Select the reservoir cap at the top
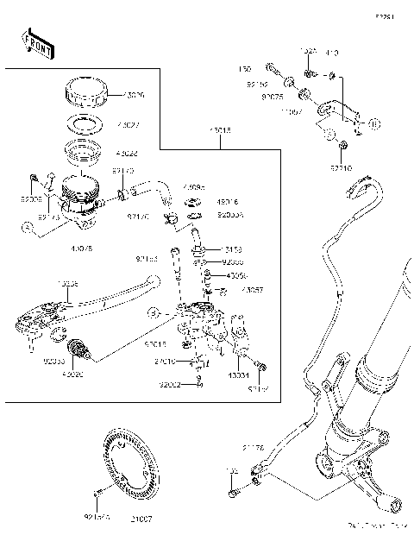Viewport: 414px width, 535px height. [85, 91]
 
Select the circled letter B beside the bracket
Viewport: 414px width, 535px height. [373, 123]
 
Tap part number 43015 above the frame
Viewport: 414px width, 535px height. [220, 132]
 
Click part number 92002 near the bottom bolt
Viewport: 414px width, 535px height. [169, 385]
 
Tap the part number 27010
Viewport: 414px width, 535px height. [166, 362]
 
